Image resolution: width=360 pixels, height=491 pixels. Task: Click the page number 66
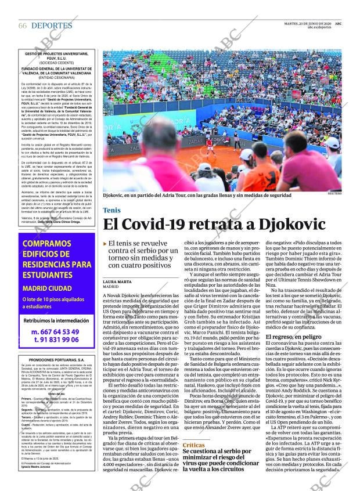tap(23, 26)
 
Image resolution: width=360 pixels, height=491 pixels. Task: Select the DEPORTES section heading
tap(52, 26)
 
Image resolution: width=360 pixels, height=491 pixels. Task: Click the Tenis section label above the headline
tap(111, 210)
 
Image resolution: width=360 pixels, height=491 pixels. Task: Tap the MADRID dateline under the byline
tap(111, 287)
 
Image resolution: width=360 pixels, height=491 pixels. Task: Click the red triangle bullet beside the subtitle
tap(105, 244)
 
